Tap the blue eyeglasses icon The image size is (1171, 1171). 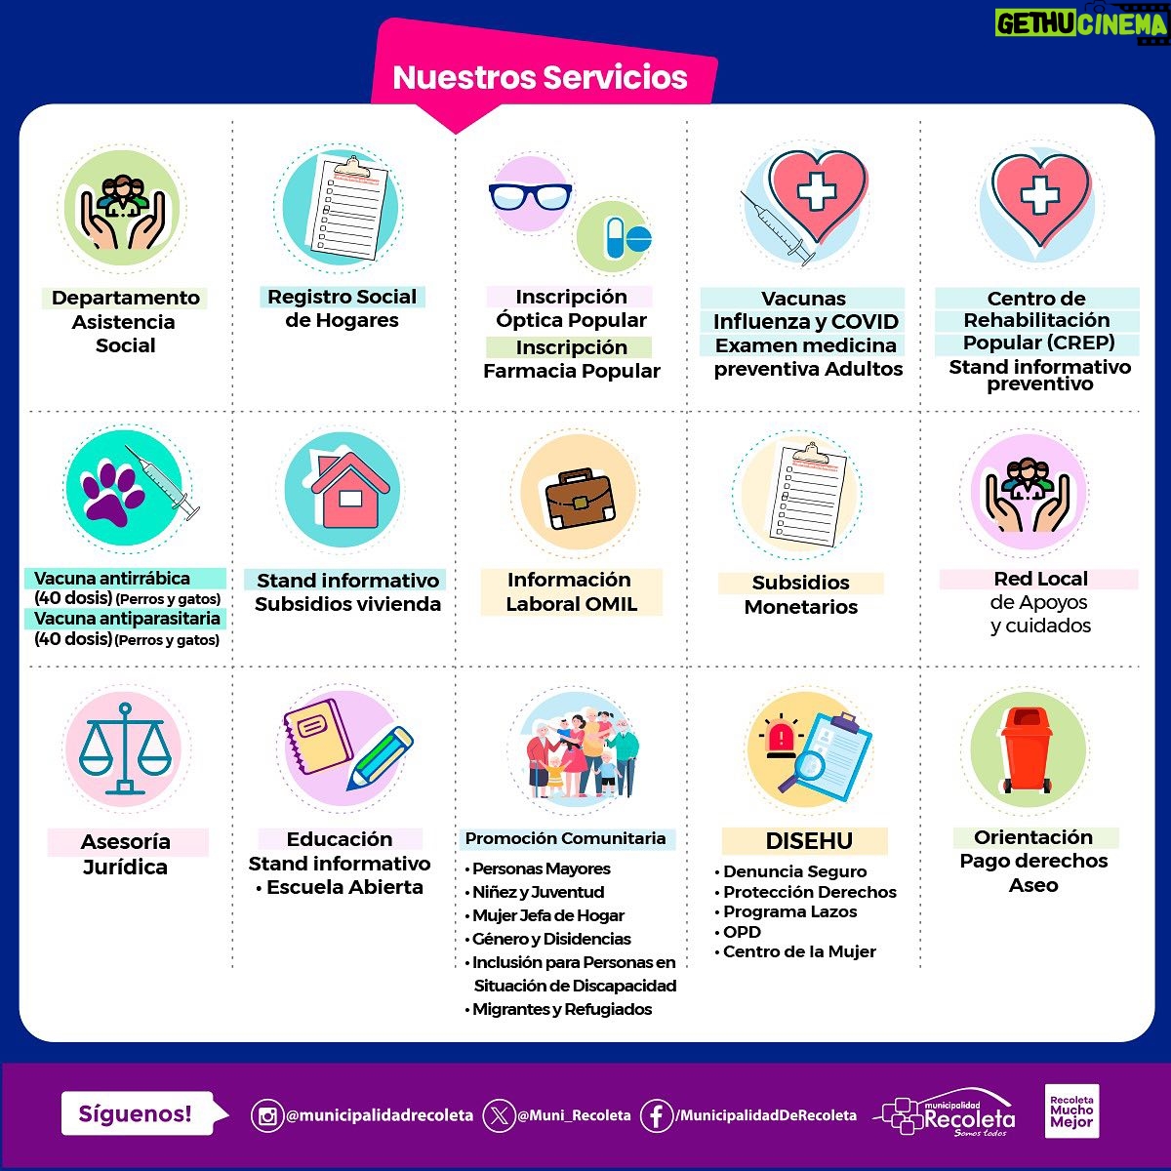[x=530, y=196]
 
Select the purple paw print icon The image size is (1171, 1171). [x=114, y=493]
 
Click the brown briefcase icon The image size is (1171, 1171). [x=580, y=498]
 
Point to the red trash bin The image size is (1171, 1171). [x=1027, y=749]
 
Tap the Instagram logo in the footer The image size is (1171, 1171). [x=266, y=1115]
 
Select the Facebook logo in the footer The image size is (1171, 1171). [x=657, y=1115]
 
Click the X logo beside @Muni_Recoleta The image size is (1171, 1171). [x=499, y=1115]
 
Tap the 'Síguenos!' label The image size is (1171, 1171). [x=136, y=1113]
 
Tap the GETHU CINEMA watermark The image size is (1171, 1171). [x=1082, y=24]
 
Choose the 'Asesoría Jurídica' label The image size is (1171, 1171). [x=126, y=854]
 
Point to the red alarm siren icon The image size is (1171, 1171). [x=781, y=738]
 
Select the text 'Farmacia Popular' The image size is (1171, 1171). [x=571, y=371]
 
